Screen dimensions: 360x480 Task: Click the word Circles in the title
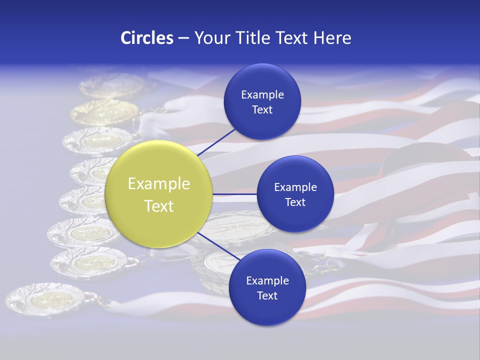click(x=146, y=38)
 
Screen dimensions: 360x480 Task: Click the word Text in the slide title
click(x=295, y=38)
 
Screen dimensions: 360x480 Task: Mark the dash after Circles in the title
click(x=183, y=38)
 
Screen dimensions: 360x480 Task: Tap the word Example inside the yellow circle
click(x=158, y=184)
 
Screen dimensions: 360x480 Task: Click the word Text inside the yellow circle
click(x=158, y=206)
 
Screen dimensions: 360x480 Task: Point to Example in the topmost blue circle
click(x=262, y=94)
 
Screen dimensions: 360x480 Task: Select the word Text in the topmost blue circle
click(x=262, y=109)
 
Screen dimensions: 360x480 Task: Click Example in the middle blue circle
click(x=295, y=187)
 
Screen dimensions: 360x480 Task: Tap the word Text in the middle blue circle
click(x=295, y=202)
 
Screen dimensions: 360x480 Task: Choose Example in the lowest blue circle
click(x=267, y=280)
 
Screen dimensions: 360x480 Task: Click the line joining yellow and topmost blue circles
click(x=216, y=142)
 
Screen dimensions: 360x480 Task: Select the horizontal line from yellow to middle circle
click(x=234, y=194)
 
